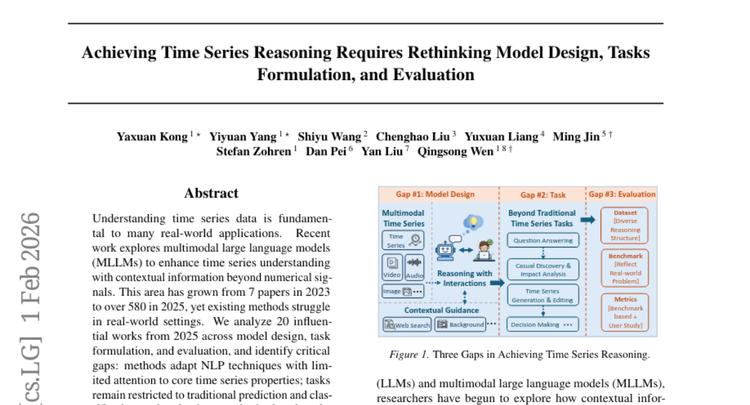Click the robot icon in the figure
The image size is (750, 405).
coord(446,249)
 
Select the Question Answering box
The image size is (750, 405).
coord(542,240)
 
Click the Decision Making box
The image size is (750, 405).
coord(542,324)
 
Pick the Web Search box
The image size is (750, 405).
coord(407,324)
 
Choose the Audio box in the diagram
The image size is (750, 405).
coord(414,267)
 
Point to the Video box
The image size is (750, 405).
coord(392,267)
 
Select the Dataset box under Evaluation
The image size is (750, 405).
coord(624,225)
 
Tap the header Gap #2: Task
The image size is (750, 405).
coord(542,194)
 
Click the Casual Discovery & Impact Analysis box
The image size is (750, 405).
coord(542,269)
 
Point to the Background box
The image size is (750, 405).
coord(461,324)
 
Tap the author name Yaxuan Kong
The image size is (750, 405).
coord(152,136)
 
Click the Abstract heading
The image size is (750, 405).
coord(211,193)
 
